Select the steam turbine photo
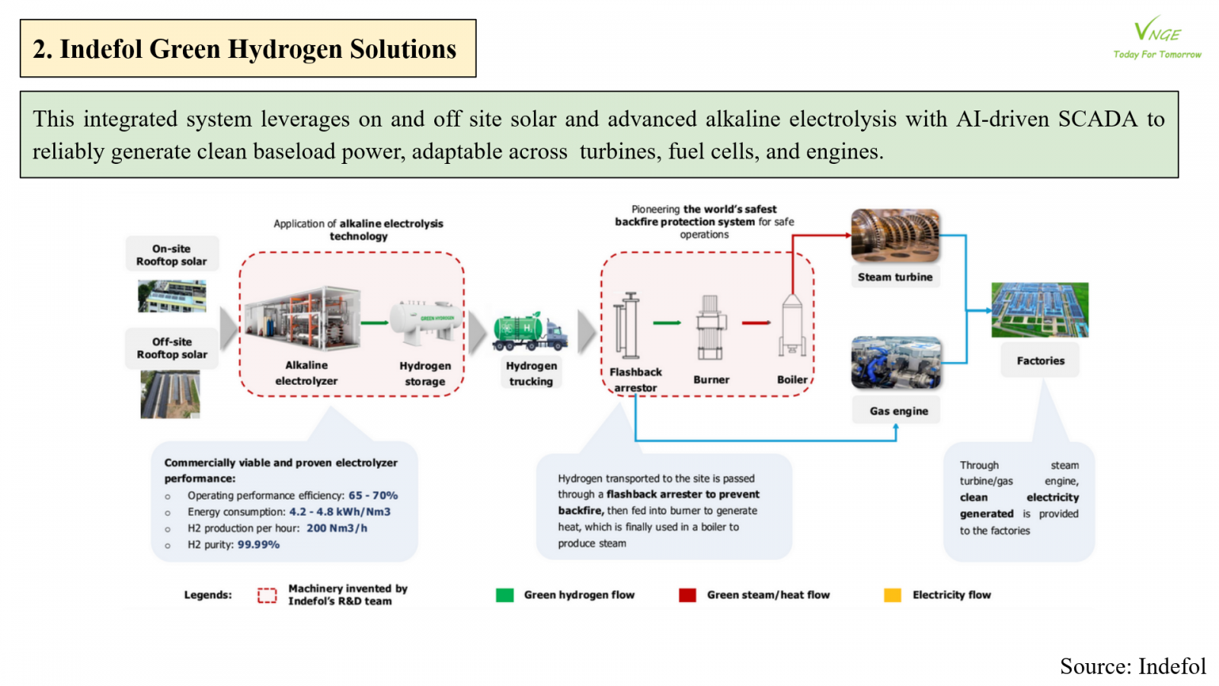pos(895,236)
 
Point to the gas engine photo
pos(897,363)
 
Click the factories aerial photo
pos(1040,309)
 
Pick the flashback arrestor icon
pos(628,325)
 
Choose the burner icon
pos(710,327)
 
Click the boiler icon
pos(792,325)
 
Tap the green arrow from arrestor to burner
pos(667,323)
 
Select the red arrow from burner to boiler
pos(757,322)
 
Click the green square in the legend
pos(504,595)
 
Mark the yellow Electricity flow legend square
pos(892,595)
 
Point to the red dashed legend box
pos(267,595)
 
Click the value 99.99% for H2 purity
pos(258,545)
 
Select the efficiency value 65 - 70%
pos(373,495)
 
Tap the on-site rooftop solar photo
pos(171,297)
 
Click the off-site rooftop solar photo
pos(170,394)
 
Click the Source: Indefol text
pos(1133,667)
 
